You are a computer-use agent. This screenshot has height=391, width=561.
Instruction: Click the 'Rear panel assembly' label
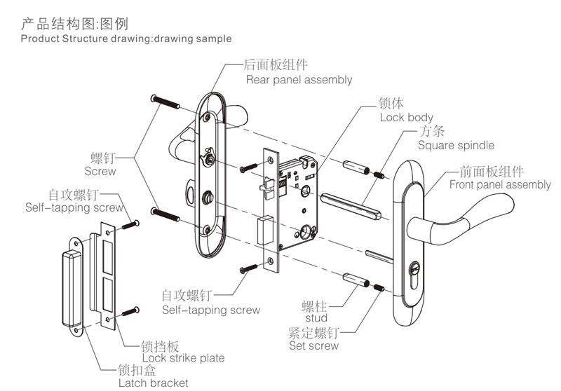[299, 80]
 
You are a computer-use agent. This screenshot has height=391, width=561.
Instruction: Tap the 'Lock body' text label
[407, 118]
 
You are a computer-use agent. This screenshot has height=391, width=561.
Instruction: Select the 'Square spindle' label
[456, 146]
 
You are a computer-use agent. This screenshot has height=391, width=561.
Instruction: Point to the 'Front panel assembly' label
[500, 185]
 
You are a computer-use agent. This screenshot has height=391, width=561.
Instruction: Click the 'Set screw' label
[313, 345]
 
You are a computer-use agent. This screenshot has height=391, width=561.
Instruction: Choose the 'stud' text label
[317, 319]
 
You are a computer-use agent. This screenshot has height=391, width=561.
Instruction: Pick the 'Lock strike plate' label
[173, 358]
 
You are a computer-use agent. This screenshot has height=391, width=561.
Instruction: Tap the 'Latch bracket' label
[153, 383]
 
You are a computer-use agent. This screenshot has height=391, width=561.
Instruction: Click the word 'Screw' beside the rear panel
[100, 171]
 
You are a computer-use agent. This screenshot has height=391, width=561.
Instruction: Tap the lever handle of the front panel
[484, 211]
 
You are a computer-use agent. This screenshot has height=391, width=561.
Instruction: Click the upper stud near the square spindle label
[356, 168]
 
